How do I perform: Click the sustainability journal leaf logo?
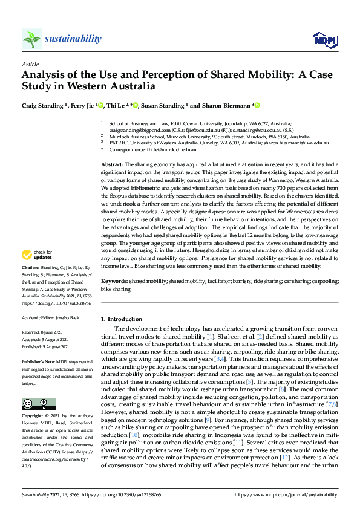[x=32, y=39]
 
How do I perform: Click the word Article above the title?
[x=30, y=63]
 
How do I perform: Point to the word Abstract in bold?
[x=111, y=164]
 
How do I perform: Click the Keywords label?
[x=114, y=282]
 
